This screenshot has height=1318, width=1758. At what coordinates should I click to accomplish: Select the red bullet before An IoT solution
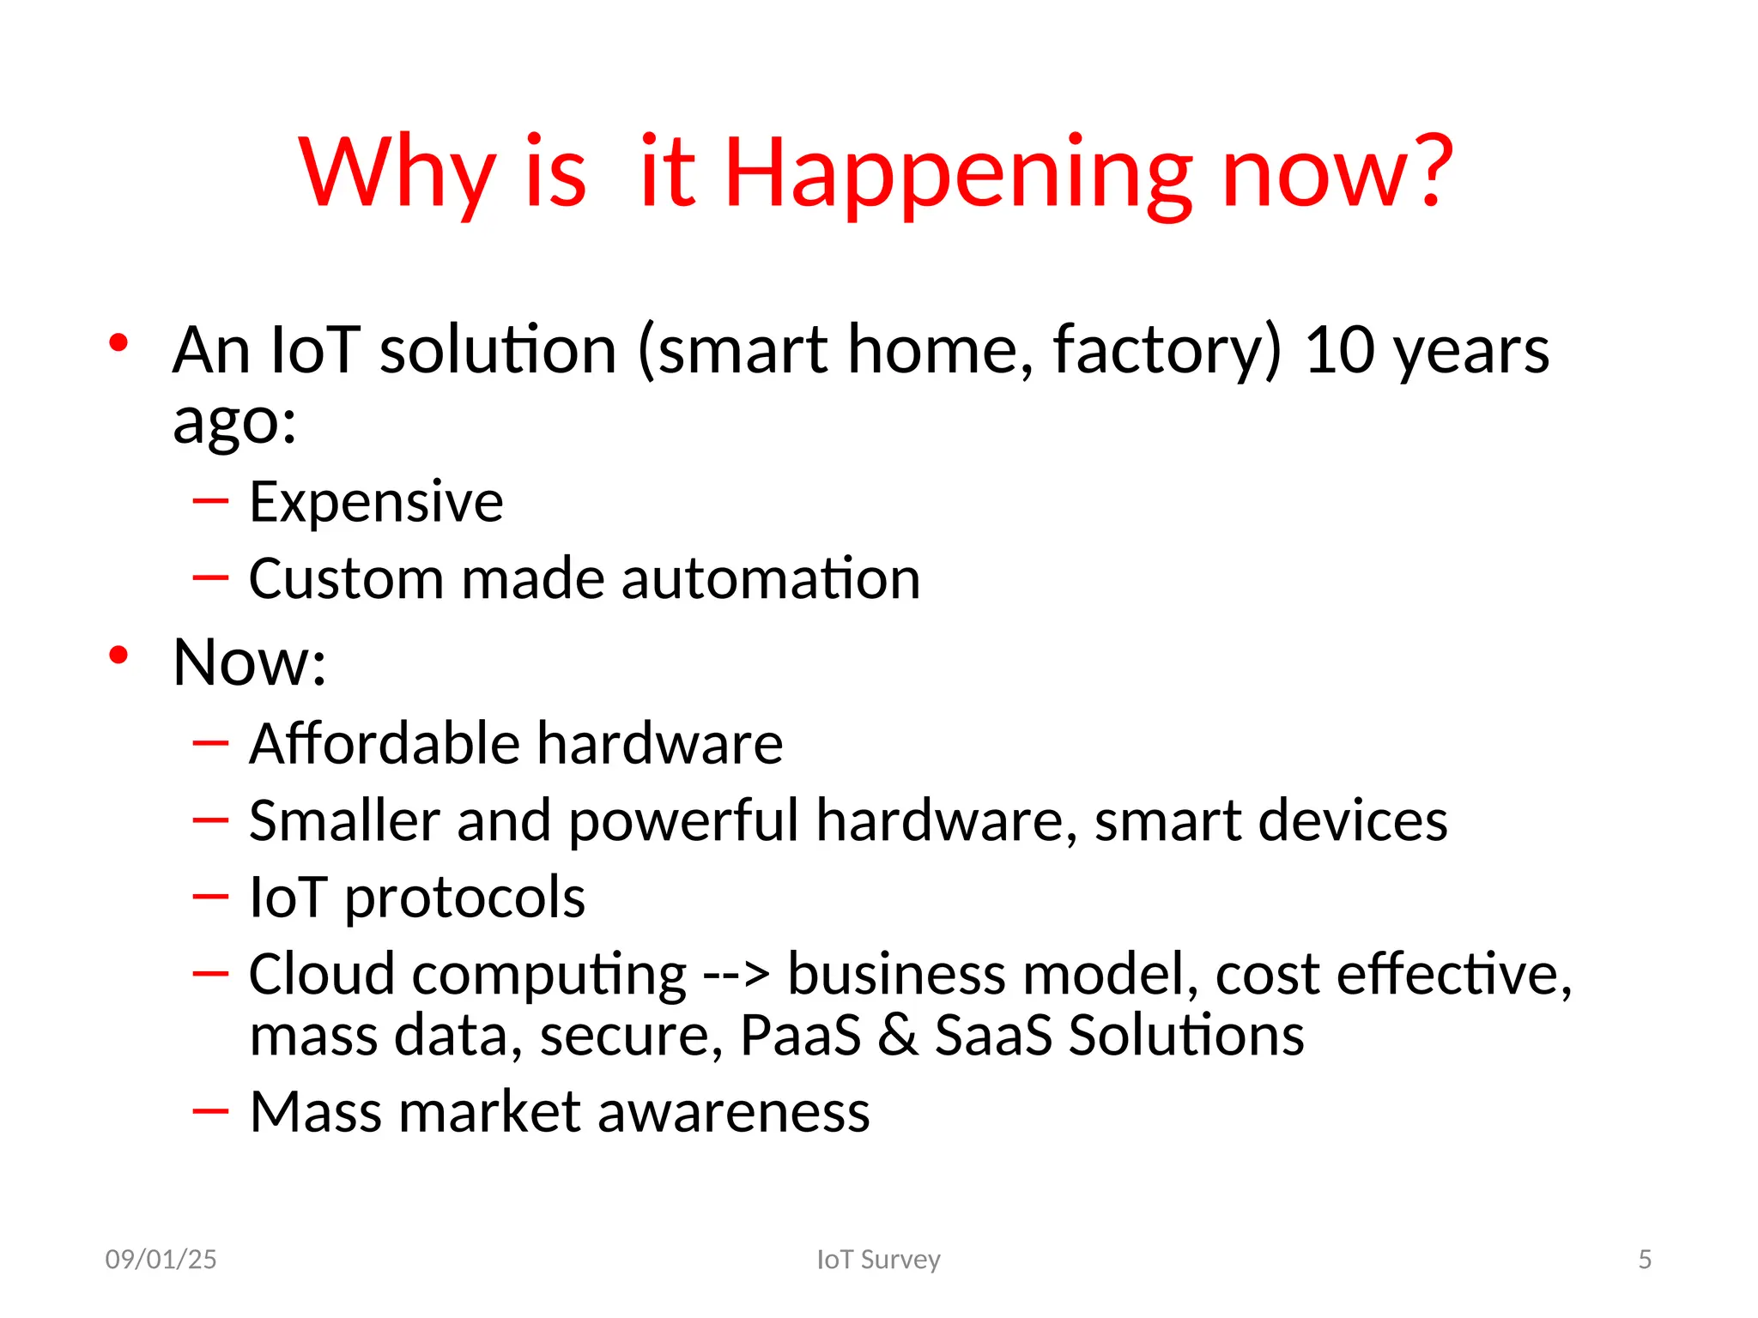click(x=118, y=343)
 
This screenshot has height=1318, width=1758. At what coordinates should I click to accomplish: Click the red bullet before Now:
click(x=118, y=656)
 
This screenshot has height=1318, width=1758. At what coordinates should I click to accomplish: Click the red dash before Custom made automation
click(x=210, y=577)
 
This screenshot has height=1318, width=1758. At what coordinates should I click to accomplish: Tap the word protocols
click(x=464, y=898)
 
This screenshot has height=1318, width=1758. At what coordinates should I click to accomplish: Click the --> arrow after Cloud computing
click(x=737, y=976)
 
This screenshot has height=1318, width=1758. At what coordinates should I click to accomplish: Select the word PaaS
click(x=800, y=1035)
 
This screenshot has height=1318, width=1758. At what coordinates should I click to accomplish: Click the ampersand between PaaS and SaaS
click(x=898, y=1035)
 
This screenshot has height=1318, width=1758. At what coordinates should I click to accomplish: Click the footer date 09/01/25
click(x=161, y=1259)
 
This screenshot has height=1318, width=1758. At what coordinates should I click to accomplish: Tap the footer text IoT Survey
click(x=878, y=1259)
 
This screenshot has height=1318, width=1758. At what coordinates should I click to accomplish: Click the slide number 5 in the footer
click(x=1644, y=1259)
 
